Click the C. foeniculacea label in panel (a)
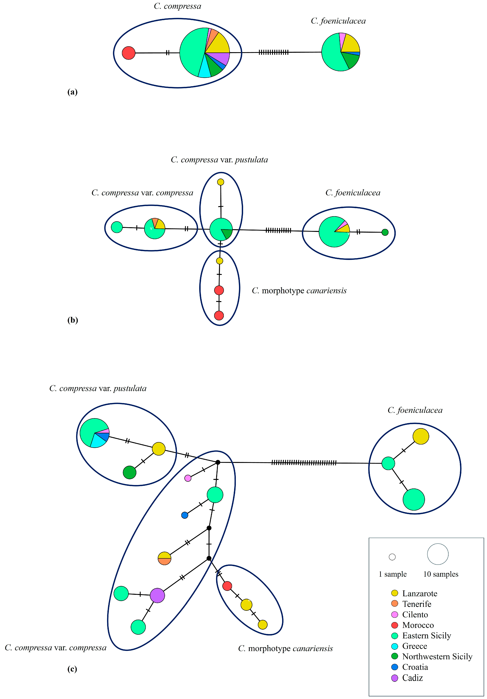click(x=338, y=21)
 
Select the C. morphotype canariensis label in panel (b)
click(x=299, y=291)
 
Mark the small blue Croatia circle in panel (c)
click(x=185, y=515)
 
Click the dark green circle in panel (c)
click(x=130, y=472)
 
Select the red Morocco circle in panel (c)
click(x=227, y=586)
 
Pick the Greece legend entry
click(x=409, y=646)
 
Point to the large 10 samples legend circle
click(x=438, y=554)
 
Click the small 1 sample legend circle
click(x=392, y=557)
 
